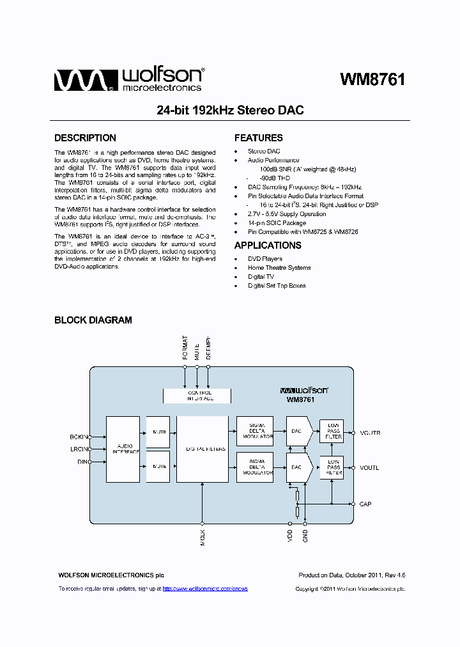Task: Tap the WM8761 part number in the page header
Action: coord(372,79)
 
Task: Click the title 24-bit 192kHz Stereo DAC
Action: coord(230,111)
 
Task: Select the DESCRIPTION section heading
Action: coord(85,138)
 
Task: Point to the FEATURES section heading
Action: coord(258,138)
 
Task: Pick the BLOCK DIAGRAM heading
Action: coord(93,320)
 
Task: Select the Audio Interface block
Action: coord(123,449)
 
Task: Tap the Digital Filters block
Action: coord(202,449)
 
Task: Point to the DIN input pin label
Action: coord(82,462)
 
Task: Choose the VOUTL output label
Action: coord(369,468)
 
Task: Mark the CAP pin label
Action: coord(365,504)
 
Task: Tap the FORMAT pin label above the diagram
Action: coord(185,348)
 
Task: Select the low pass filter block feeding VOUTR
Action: coord(333,432)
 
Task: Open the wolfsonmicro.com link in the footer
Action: coord(205,588)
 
